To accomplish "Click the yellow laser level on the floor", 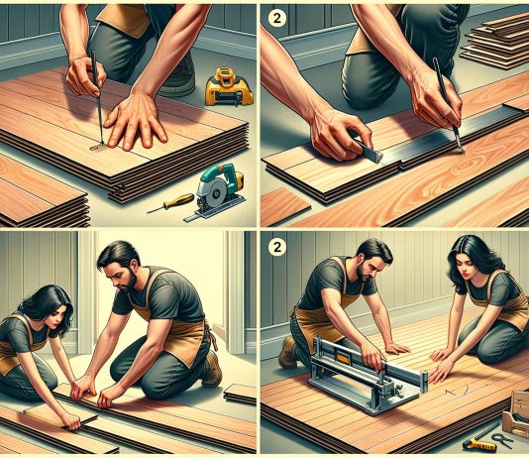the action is pos(229,86).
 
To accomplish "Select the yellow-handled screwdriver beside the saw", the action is pos(171,203).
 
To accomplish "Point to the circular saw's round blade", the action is pos(214,192).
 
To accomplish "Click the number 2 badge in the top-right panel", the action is pos(277,18).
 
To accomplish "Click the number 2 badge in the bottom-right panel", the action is pos(277,248).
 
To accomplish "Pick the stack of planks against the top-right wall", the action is pos(495,42).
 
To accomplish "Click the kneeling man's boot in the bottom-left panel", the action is pos(212,369).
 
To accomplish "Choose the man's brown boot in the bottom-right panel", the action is pos(287,352).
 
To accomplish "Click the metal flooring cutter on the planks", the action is pos(368,375).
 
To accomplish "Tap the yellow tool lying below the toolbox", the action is pos(479,444).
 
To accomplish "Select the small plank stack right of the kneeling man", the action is pos(240,394).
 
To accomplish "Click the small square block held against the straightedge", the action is pos(370,153).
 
